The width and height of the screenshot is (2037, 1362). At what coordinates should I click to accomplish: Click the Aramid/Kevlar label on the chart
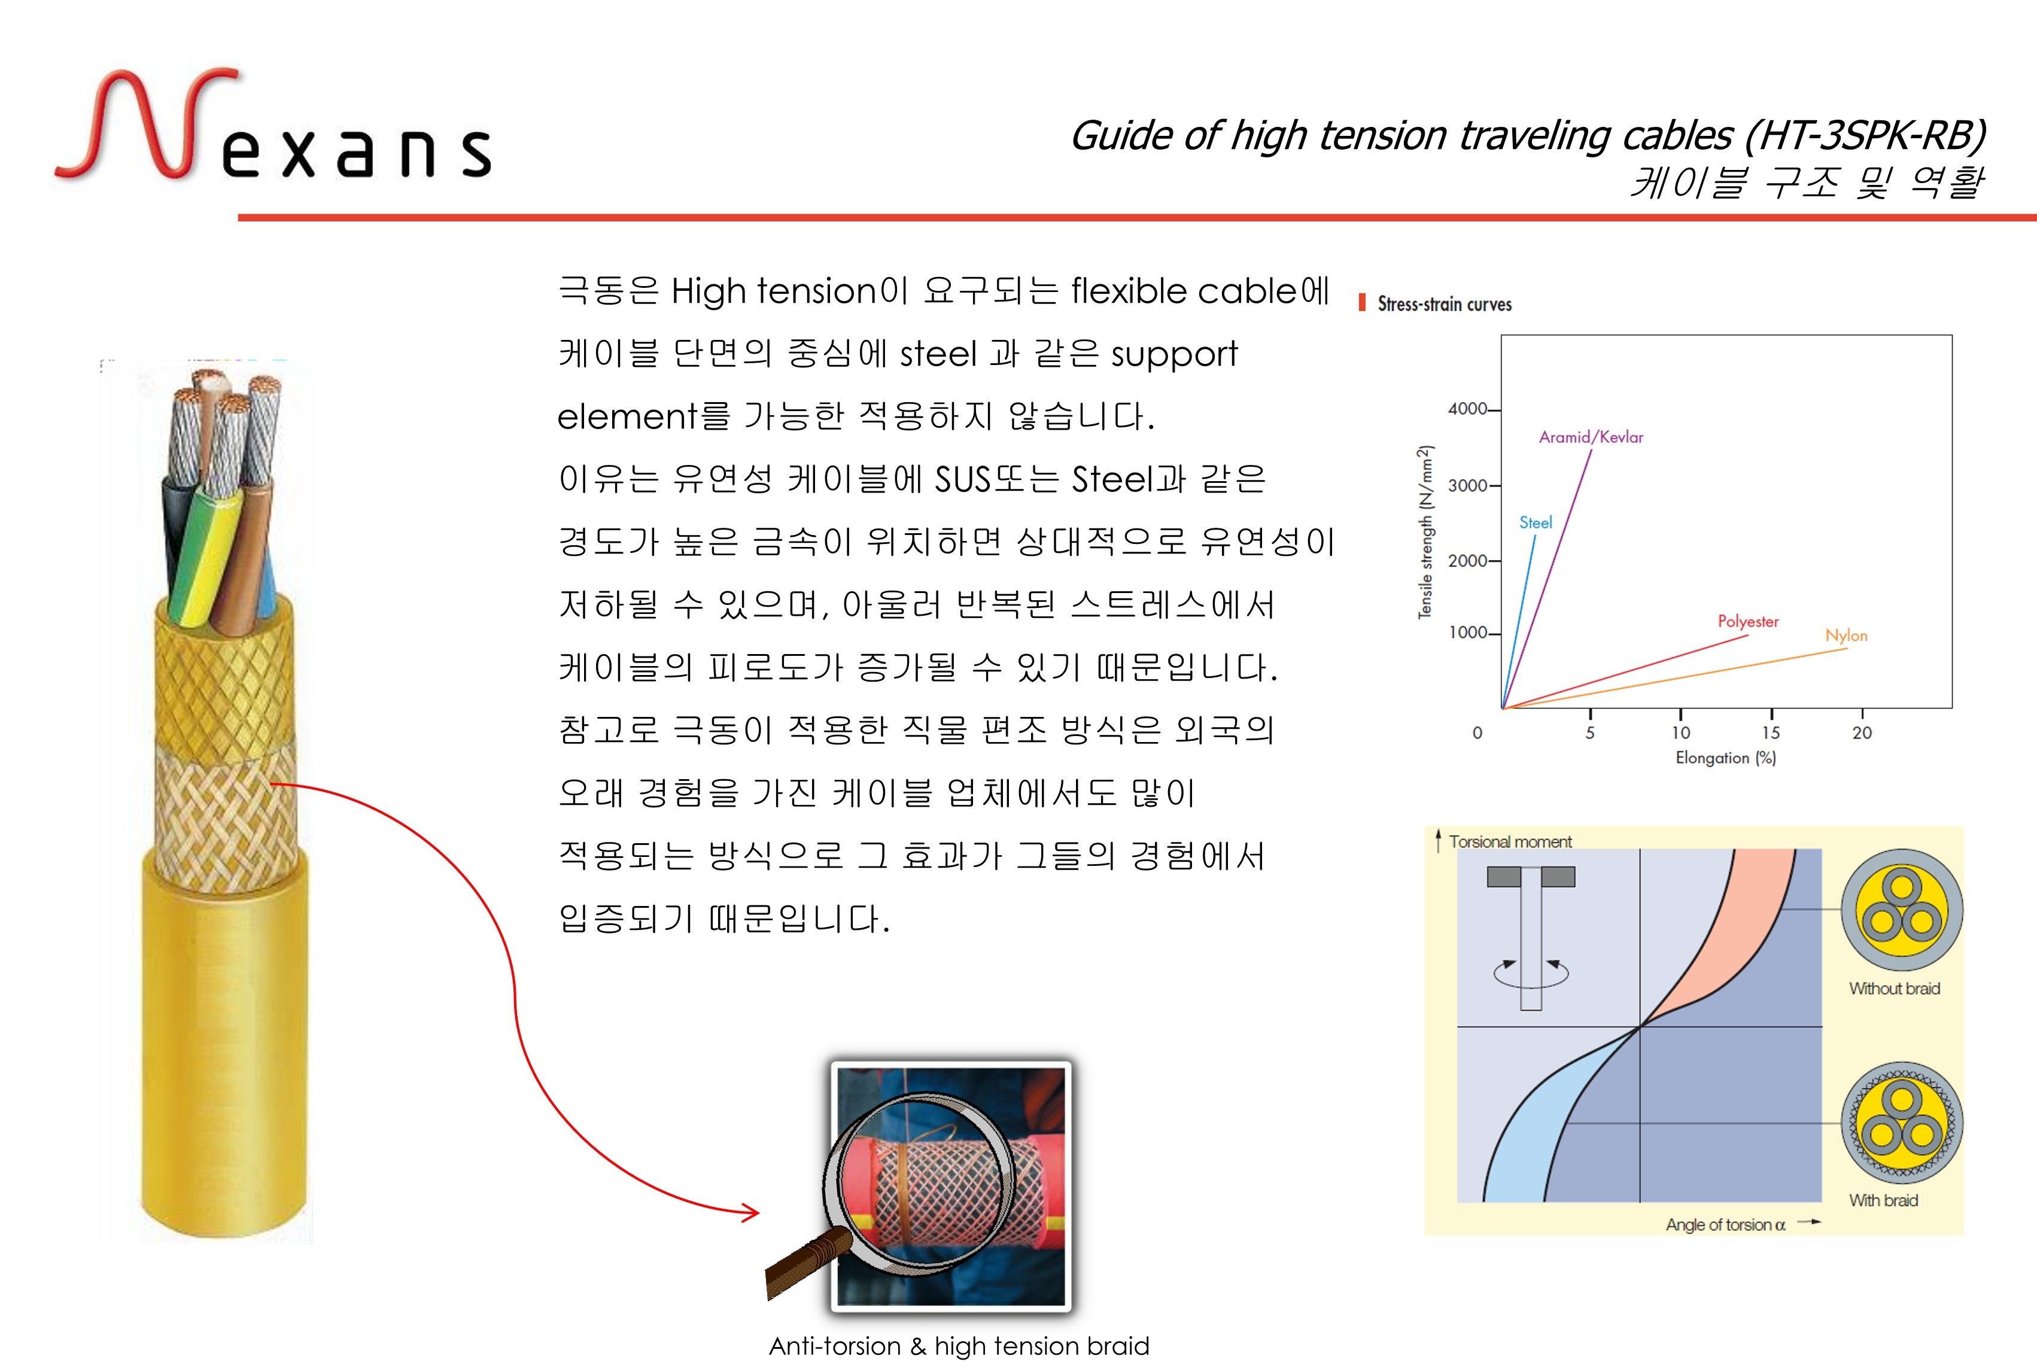pos(1591,437)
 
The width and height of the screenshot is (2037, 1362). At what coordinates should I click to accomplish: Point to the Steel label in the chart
pos(1535,522)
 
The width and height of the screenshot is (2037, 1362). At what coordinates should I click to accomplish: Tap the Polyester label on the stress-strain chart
pos(1748,621)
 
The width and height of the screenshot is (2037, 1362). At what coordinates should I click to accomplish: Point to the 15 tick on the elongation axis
pos(1770,732)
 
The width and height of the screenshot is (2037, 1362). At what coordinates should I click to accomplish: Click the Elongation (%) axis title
pos(1725,758)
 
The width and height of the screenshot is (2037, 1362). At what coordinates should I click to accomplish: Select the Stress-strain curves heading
pos(1445,304)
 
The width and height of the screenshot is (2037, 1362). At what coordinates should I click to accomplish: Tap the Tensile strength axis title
pos(1425,531)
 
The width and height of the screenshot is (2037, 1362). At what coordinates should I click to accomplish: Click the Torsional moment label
pos(1510,842)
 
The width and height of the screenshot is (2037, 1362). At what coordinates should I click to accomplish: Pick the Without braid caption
pos(1893,989)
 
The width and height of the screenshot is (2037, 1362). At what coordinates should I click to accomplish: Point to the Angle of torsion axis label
pos(1725,1225)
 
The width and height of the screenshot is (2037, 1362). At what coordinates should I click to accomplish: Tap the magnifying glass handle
pos(806,1264)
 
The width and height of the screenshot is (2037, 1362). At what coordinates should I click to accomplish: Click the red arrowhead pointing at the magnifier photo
pos(749,1212)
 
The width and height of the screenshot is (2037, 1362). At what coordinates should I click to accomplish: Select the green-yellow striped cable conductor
pos(206,556)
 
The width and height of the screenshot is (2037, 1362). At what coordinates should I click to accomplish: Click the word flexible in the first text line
pos(1127,291)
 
